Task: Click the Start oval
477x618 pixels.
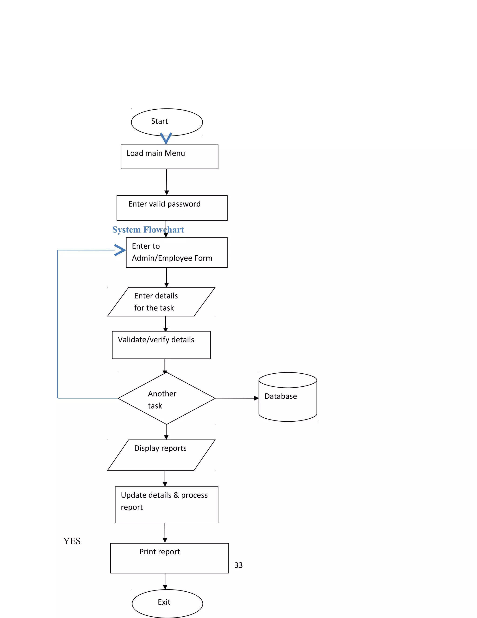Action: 167,122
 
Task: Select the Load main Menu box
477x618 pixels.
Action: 169,157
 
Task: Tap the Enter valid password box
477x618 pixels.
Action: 172,208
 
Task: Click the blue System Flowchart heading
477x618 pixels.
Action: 148,229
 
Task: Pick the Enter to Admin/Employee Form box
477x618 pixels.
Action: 177,252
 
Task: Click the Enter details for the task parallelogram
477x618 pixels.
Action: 161,302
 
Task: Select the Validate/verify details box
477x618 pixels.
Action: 161,345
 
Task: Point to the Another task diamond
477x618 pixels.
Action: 167,398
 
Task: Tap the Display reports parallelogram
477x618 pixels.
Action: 161,455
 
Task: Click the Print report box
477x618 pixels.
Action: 169,558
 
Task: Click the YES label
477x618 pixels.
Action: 72,541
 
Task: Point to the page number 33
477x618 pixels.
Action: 238,565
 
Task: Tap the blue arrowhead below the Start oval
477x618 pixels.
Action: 166,138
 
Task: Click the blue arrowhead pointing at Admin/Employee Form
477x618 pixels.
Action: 120,250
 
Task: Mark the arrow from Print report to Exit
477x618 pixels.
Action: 165,581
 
